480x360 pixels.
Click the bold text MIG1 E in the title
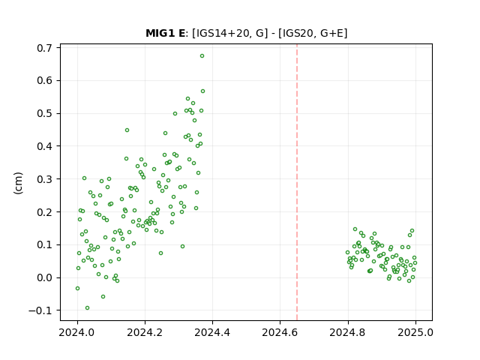pos(165,33)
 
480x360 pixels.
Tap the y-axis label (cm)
pos(18,183)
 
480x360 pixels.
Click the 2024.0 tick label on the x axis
pos(77,332)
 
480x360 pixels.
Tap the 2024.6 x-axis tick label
pos(280,332)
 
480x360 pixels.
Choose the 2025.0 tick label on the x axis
pos(415,332)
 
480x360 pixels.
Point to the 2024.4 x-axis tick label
pos(212,332)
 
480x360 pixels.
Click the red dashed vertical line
pos(297,182)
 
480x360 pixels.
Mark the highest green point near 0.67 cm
pos(202,56)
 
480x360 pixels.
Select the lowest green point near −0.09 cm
pos(87,308)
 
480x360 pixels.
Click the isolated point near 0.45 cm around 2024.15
pos(127,130)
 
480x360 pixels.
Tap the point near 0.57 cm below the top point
pos(202,91)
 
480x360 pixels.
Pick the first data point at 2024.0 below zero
pos(77,288)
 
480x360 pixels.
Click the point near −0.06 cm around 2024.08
pos(103,297)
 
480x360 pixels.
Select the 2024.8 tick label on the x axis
pos(348,332)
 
